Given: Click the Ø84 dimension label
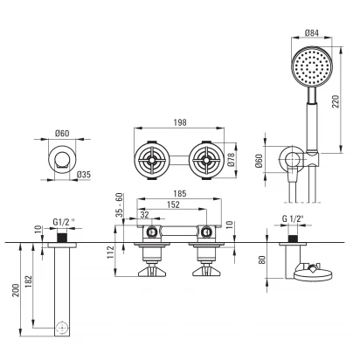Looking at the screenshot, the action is coord(312,32).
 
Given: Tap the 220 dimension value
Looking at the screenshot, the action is coord(336,101).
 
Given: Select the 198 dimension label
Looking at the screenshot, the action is coord(180,122).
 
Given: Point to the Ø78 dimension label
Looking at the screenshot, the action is coord(231,160).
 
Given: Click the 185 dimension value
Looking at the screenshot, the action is coord(180,194).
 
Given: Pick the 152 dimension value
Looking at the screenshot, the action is coord(173,204).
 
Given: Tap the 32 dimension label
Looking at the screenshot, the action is coord(144,215).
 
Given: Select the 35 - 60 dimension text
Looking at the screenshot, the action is coord(120,204).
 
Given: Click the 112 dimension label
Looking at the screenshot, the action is coord(110,253).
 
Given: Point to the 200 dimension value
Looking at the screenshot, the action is coord(17,290).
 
